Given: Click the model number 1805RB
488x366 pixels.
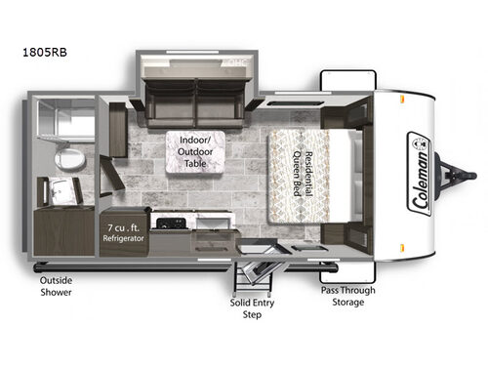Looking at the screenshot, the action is pyautogui.click(x=45, y=52).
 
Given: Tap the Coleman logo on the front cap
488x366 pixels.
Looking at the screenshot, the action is pyautogui.click(x=420, y=174).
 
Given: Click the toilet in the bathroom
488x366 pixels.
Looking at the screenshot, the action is pyautogui.click(x=69, y=159).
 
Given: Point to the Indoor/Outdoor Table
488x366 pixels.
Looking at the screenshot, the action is pyautogui.click(x=195, y=152).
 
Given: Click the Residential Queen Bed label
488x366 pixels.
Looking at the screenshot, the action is pyautogui.click(x=303, y=174).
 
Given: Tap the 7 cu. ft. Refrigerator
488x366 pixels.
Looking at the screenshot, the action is pyautogui.click(x=124, y=233).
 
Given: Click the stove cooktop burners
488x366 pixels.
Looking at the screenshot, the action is pyautogui.click(x=171, y=223).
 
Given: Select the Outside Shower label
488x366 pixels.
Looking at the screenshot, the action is pyautogui.click(x=56, y=286).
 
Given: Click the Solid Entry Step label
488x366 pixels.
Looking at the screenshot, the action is pyautogui.click(x=252, y=308).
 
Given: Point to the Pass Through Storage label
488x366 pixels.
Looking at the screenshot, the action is pyautogui.click(x=348, y=296).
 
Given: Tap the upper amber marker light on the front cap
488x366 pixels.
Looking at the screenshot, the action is pyautogui.click(x=402, y=99).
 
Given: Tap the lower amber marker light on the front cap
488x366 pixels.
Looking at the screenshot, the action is pyautogui.click(x=402, y=248).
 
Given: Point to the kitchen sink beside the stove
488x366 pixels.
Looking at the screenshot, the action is pyautogui.click(x=214, y=224).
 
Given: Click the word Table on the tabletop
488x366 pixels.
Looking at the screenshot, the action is pyautogui.click(x=195, y=163).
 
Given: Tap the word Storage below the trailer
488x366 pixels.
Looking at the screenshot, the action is pyautogui.click(x=348, y=303).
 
